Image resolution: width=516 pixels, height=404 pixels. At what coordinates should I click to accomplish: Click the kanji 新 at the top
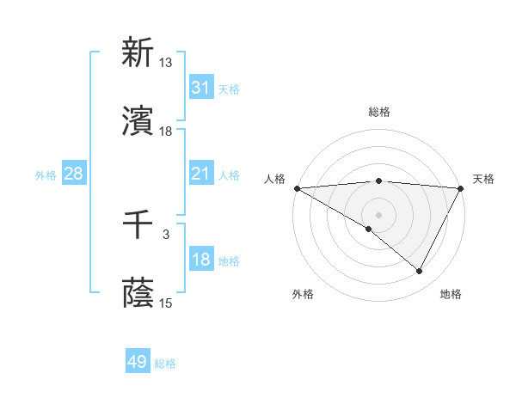(x=138, y=53)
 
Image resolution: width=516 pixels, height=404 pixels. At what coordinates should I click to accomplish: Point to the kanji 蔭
(x=138, y=294)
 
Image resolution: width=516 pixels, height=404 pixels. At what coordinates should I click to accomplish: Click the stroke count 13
(x=166, y=63)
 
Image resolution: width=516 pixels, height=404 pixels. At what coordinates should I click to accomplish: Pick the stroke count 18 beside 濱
(x=166, y=132)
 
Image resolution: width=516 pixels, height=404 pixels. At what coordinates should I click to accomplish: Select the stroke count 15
(x=166, y=303)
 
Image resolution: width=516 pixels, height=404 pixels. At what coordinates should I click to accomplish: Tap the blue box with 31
(x=200, y=88)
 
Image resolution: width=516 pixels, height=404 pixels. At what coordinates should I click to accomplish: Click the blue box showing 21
(x=200, y=174)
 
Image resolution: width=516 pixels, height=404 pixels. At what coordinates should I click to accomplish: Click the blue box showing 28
(x=74, y=174)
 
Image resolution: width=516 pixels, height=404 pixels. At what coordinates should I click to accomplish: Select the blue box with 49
(x=138, y=363)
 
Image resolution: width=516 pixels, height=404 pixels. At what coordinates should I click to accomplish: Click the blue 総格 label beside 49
(x=165, y=364)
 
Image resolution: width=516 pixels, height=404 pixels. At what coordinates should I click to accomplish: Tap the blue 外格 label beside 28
(x=46, y=175)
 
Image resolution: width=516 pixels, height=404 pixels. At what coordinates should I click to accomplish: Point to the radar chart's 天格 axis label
(x=483, y=179)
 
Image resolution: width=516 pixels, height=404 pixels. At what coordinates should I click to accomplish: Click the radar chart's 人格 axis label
(x=274, y=179)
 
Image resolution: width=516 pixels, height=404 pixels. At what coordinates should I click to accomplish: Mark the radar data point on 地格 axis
(x=420, y=272)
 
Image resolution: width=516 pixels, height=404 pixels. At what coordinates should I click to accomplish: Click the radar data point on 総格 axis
(x=378, y=181)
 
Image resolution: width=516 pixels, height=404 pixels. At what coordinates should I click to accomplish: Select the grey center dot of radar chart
(x=378, y=214)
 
